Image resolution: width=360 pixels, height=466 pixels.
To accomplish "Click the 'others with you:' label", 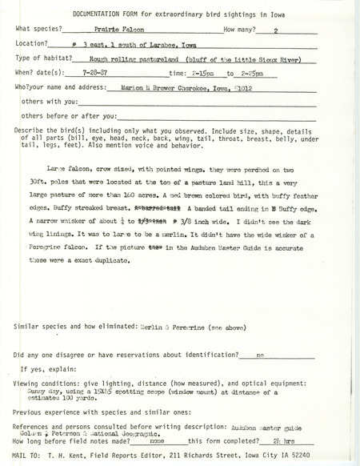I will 49,102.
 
